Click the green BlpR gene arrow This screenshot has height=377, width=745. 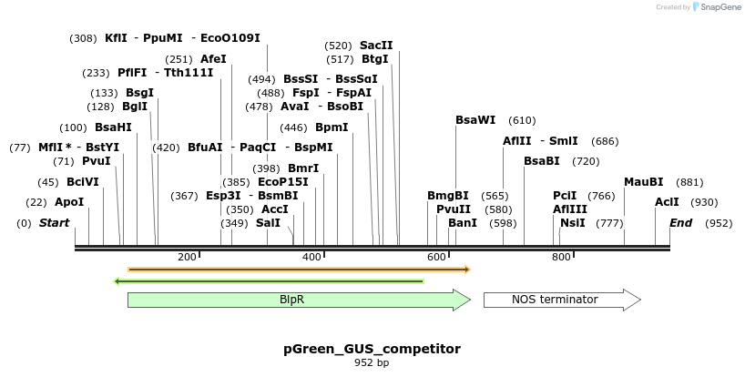298,300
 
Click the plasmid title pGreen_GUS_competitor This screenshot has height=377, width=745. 372,349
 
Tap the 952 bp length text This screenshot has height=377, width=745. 372,363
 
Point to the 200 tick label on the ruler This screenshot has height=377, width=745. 187,258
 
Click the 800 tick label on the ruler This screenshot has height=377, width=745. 561,258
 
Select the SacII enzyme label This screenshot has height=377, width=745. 376,45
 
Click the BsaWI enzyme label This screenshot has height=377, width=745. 475,120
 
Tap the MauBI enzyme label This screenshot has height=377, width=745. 643,182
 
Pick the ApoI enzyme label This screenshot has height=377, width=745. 69,202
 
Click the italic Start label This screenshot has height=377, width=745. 54,223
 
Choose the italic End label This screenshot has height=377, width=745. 680,223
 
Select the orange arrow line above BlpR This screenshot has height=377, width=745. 298,270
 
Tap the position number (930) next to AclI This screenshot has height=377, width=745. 704,202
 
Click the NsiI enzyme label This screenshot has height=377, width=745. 573,223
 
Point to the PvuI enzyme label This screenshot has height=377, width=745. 96,161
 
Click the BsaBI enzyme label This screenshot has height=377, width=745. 541,161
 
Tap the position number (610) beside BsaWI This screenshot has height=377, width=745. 522,120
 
